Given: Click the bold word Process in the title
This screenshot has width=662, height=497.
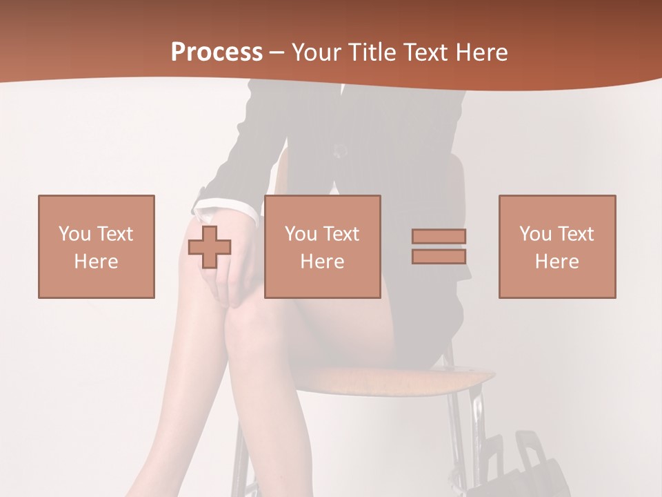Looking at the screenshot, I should tap(217, 52).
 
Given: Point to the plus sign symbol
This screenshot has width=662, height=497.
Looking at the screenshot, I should tap(210, 247).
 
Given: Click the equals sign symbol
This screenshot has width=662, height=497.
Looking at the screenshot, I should tap(439, 246).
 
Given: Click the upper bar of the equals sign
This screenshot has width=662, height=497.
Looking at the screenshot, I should tap(439, 237).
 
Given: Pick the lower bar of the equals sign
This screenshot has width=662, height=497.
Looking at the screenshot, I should tap(439, 256).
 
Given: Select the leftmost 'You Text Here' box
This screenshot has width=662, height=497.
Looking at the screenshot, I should tap(97, 246).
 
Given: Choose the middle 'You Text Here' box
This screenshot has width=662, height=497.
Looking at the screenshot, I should tap(322, 246).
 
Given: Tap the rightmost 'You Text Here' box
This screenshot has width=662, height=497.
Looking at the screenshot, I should tap(557, 246).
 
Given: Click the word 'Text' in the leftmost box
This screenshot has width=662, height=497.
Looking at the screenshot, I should tap(114, 234).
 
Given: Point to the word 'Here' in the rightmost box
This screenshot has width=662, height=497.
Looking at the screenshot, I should tap(557, 262).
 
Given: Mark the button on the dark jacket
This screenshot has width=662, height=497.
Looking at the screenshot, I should tap(339, 150).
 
